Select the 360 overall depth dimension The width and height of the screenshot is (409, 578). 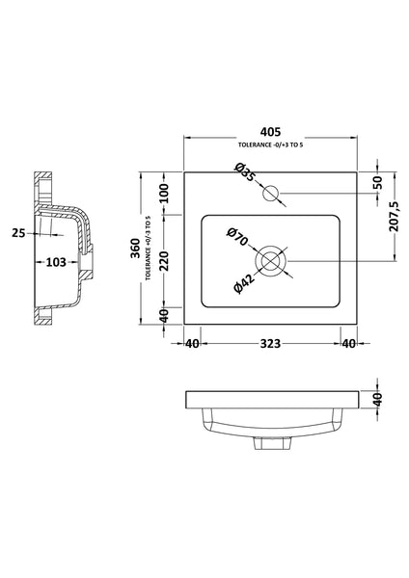(x=135, y=250)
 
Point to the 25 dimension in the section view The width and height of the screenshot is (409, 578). (x=19, y=232)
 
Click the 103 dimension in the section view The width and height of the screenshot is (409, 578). (x=55, y=261)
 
